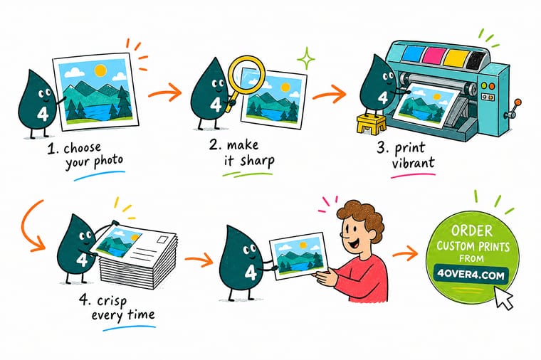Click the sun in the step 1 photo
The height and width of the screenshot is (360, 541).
[100, 70]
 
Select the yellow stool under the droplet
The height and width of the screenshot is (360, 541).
[372, 125]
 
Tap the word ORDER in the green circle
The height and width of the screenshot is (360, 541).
[471, 231]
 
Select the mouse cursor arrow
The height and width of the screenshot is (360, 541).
[503, 297]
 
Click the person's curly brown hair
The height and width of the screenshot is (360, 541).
[361, 216]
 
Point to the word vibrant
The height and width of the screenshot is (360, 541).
[413, 162]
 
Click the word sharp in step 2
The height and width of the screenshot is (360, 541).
[257, 161]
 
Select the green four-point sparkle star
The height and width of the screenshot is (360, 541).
[305, 58]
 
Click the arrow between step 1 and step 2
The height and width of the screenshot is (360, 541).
[164, 91]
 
